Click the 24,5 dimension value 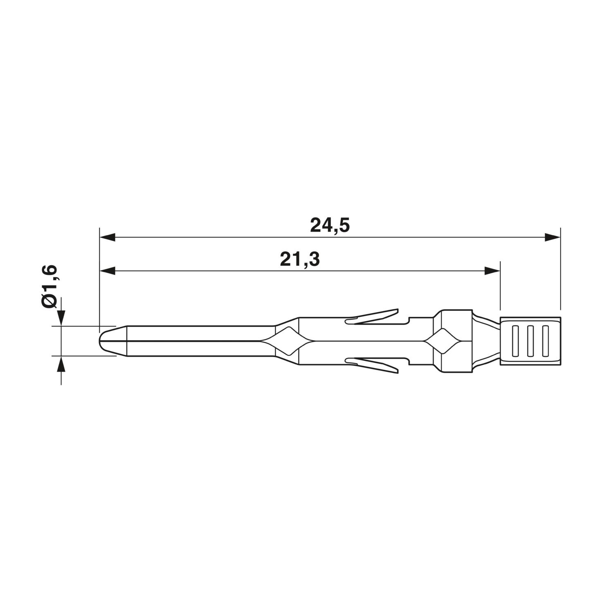[x=330, y=225]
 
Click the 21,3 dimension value [x=300, y=259]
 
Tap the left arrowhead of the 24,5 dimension [x=107, y=237]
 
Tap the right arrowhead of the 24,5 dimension [x=553, y=237]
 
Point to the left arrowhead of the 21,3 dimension [x=107, y=271]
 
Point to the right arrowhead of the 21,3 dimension [x=492, y=271]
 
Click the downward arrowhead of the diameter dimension [x=61, y=318]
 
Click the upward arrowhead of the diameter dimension [x=61, y=363]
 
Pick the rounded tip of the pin [x=106, y=341]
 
